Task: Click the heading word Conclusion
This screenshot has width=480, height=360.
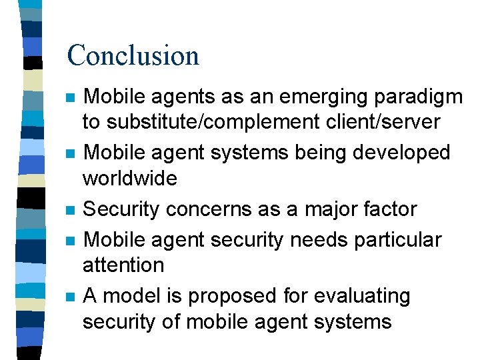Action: (x=133, y=55)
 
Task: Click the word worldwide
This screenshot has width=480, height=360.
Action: (x=129, y=178)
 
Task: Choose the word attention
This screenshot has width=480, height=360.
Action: (x=123, y=265)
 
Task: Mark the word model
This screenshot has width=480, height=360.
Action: (x=129, y=295)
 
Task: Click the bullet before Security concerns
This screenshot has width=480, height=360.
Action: (x=70, y=211)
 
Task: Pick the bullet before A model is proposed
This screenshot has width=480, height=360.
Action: (x=70, y=297)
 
